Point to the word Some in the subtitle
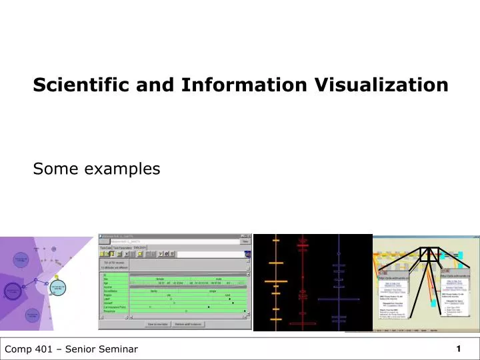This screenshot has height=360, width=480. pyautogui.click(x=51, y=169)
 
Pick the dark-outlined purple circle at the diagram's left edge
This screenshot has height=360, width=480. pyautogui.click(x=12, y=291)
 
